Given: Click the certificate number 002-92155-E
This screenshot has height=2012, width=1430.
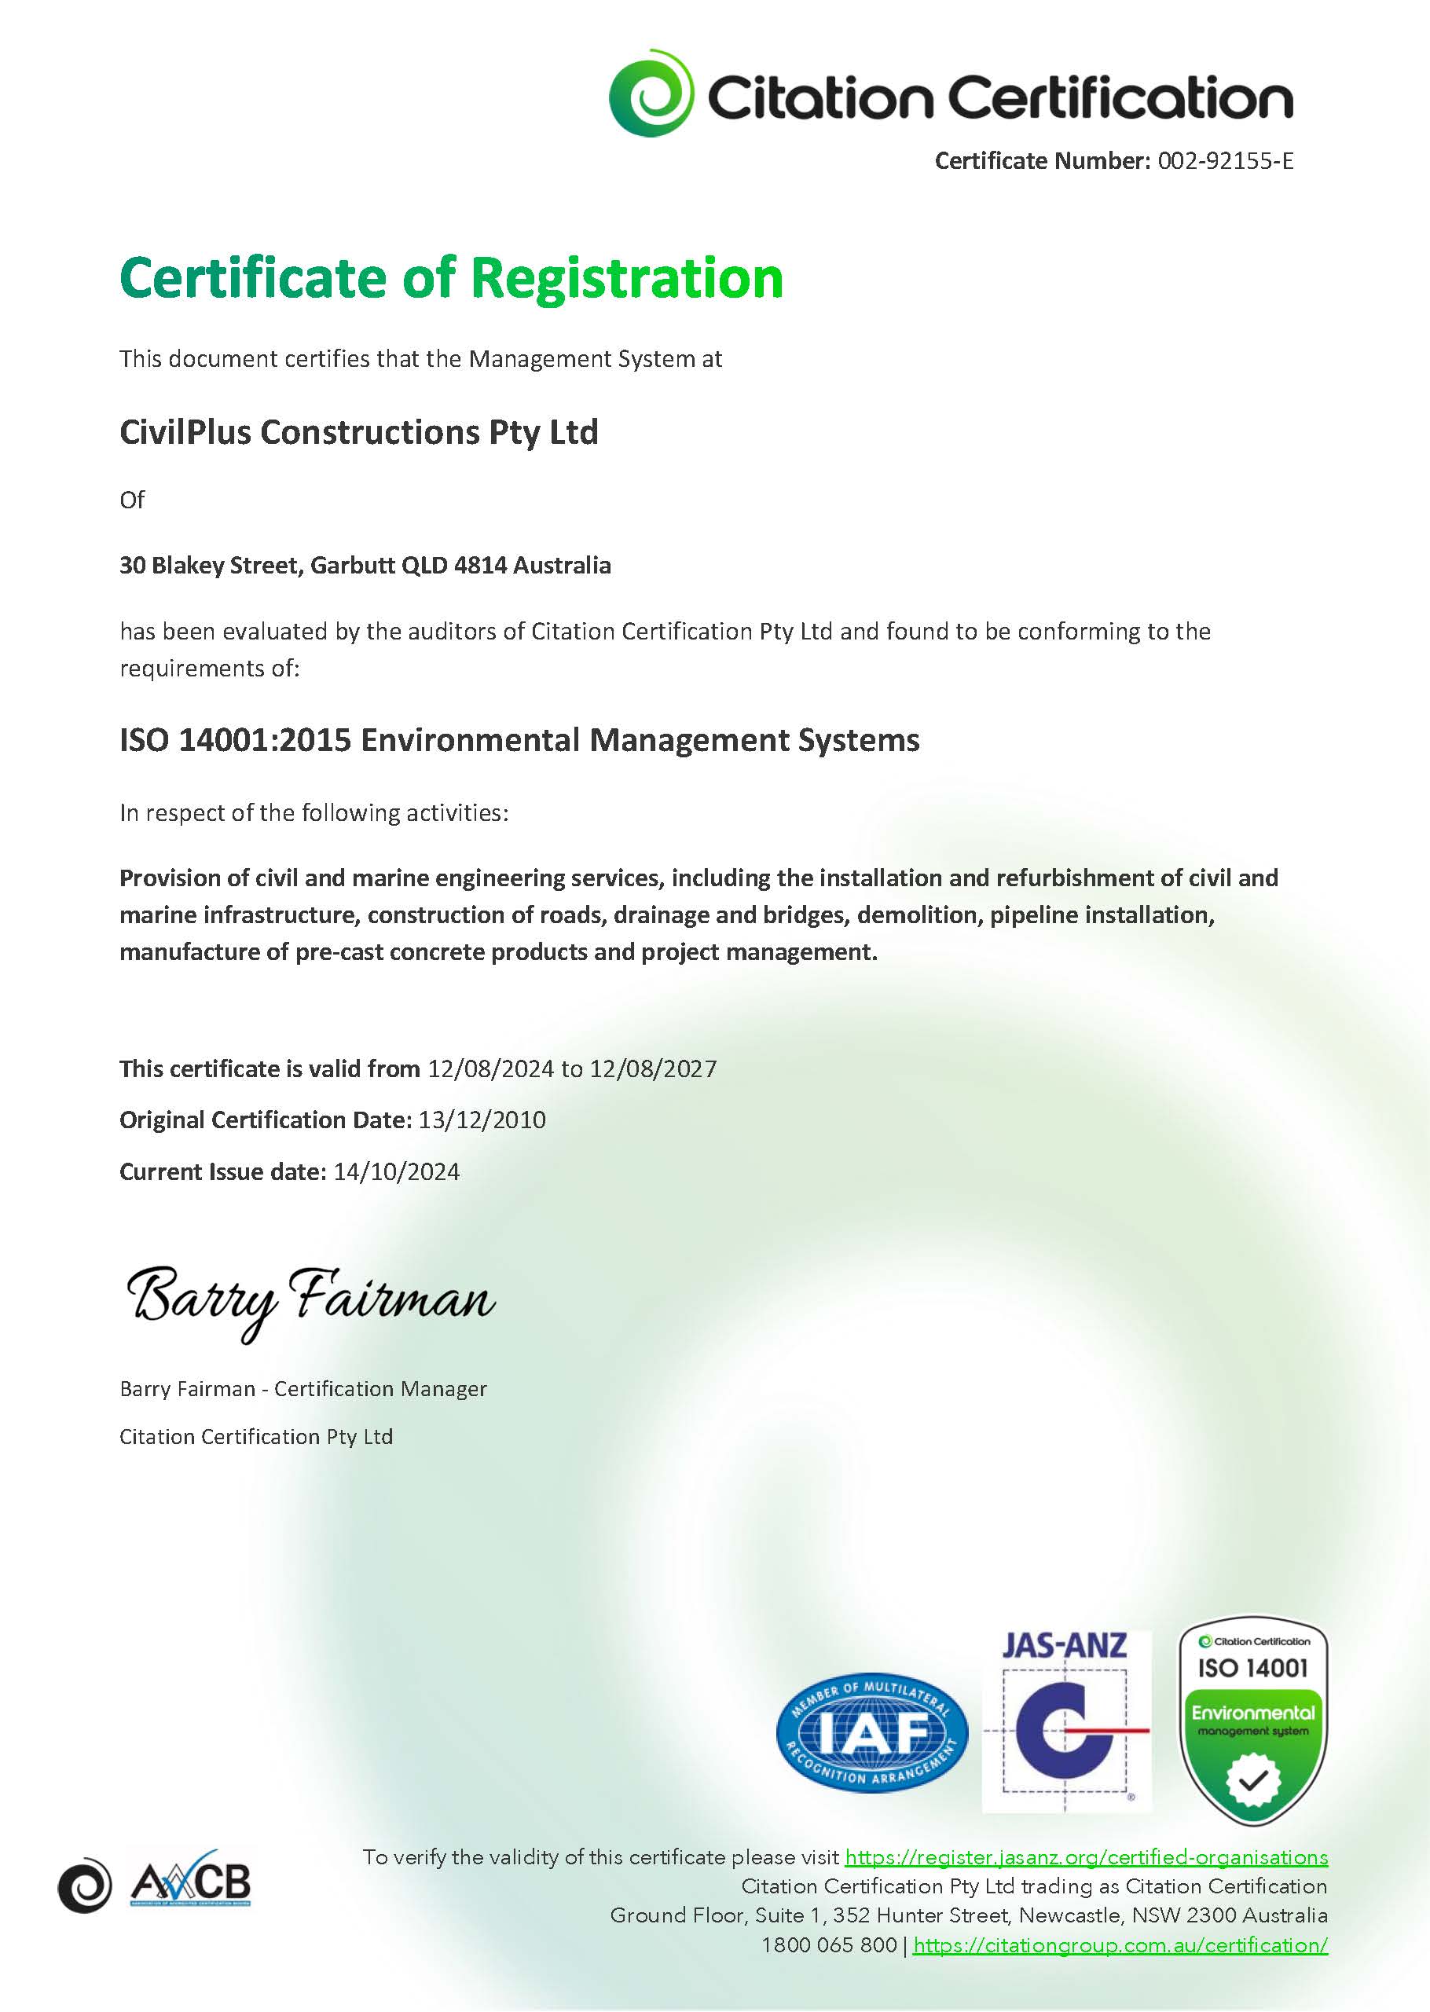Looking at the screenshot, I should pos(1225,161).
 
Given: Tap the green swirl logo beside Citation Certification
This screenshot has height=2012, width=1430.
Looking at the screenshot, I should pos(651,93).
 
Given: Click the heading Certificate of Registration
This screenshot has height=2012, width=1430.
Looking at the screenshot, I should pos(451,278).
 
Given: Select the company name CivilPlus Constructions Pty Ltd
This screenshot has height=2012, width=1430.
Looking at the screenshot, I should pos(358,432).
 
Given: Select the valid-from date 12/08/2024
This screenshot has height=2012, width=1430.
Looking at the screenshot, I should pos(490,1069).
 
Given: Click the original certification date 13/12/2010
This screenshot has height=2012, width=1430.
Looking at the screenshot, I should pos(482,1120).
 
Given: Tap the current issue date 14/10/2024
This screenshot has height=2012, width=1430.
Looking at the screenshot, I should pos(396,1172).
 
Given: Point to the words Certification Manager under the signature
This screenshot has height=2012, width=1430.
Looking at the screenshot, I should pos(379,1388).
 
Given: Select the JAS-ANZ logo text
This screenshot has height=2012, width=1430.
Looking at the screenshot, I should pos(1065,1646).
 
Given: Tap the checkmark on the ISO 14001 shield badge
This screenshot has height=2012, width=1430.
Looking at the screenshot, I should pos(1253,1780).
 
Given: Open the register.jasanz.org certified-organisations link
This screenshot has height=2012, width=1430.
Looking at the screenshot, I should pos(1086,1857).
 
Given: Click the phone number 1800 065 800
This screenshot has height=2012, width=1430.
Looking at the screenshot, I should pos(829,1945).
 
